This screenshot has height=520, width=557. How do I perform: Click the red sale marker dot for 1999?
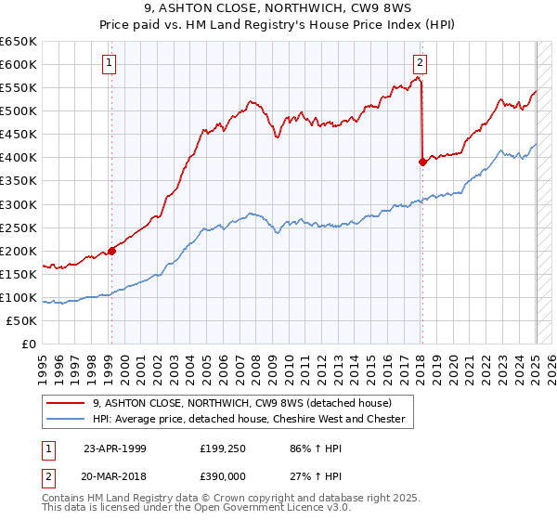pos(111,250)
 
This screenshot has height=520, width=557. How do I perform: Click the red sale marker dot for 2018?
pos(422,162)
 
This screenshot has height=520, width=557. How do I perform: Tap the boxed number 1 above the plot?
pos(110,63)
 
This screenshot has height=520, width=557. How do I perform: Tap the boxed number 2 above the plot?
pos(420,63)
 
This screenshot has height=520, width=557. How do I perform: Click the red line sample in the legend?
pos(66,403)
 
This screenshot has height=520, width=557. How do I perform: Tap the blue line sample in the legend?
pos(66,419)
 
